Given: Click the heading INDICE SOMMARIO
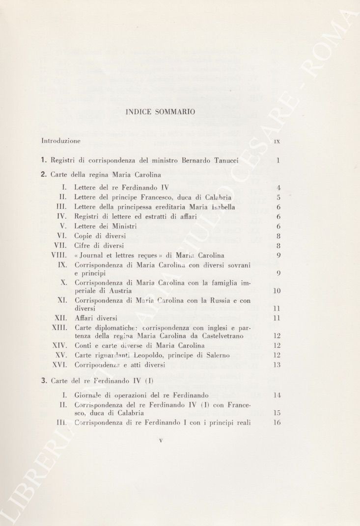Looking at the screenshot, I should (x=161, y=112).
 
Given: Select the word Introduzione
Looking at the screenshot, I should (x=61, y=141).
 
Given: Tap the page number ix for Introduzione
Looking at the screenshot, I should (x=277, y=141).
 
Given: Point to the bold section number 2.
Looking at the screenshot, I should (x=44, y=174).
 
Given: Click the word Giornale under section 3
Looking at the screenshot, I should (x=89, y=395).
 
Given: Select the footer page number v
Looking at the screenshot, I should (x=161, y=440).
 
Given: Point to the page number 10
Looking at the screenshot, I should (x=276, y=291).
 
